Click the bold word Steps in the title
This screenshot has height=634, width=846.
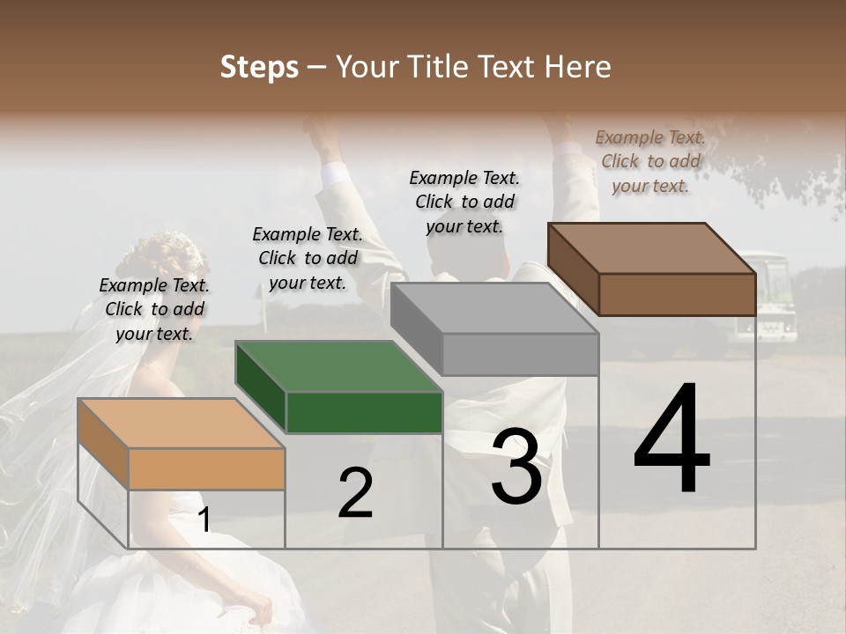[259, 67]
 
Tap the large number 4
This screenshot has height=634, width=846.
[672, 440]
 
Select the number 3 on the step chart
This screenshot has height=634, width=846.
[516, 467]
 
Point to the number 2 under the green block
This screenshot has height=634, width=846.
[355, 494]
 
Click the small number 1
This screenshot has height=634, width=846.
[204, 520]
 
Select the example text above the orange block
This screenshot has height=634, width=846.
[154, 309]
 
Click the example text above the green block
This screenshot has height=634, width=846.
[308, 258]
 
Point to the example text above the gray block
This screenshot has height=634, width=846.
[464, 202]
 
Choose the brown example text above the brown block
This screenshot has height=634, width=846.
[650, 161]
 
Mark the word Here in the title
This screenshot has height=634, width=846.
[577, 67]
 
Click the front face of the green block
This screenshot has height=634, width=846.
[364, 412]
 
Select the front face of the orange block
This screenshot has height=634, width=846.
[206, 468]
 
